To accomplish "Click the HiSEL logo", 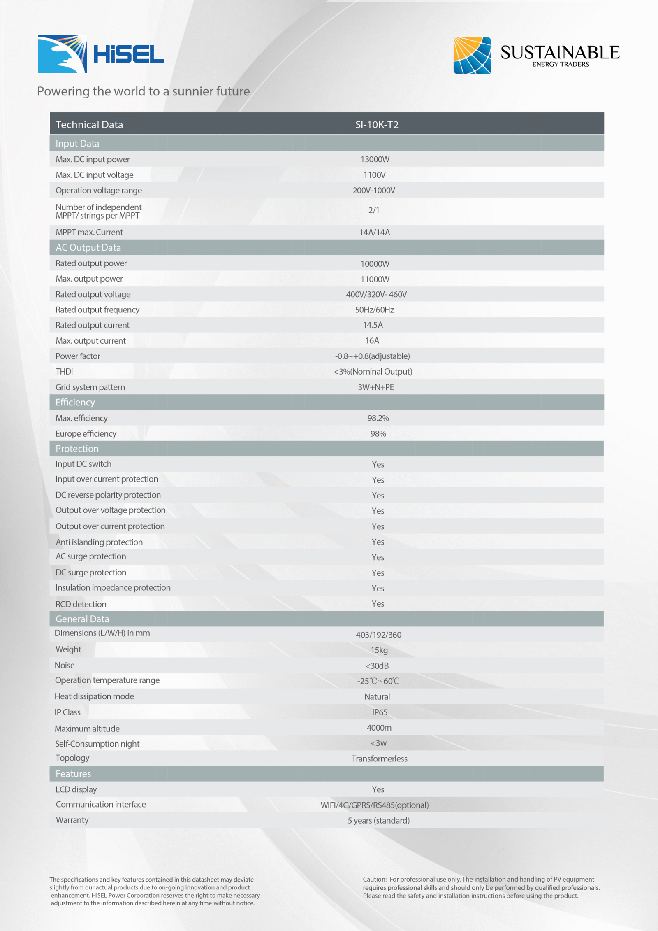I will (x=101, y=54).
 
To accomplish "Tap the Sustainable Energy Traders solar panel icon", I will (x=472, y=56).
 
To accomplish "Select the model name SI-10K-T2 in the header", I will (x=377, y=125).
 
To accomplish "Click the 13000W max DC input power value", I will (x=375, y=159).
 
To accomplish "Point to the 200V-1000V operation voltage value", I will (x=374, y=191).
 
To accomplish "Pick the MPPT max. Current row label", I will (x=89, y=233).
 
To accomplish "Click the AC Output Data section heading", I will (x=88, y=248).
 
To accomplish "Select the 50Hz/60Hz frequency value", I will (x=374, y=310).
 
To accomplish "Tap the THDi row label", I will (x=64, y=372).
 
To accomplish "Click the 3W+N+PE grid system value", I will (x=376, y=387).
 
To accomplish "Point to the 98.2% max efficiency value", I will (x=378, y=418).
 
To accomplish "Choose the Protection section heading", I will (x=77, y=449).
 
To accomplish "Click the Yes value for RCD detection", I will (x=378, y=604).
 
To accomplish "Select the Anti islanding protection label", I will (x=99, y=542).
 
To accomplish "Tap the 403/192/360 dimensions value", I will (x=378, y=635).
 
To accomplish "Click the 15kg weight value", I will (x=379, y=650).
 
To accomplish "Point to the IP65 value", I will (x=380, y=712).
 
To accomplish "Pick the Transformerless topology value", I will (x=379, y=759).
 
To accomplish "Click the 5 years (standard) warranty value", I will (x=378, y=821).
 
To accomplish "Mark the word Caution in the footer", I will (x=374, y=880).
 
